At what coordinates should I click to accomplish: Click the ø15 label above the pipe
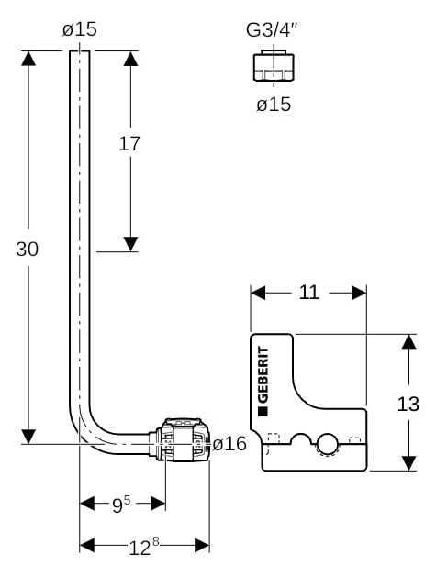point(80,29)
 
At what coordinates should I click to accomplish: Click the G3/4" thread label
point(272,29)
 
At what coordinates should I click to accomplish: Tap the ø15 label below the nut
point(274,105)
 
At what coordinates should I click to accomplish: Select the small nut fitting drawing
point(274,65)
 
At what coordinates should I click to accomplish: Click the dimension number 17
point(129,143)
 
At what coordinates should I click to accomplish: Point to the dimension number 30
point(27,250)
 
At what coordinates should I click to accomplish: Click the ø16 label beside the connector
point(229,443)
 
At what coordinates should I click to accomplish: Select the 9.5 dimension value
point(121,505)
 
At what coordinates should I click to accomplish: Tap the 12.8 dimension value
point(144,546)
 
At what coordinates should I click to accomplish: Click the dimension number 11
point(308,293)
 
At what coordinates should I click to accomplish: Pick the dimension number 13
point(408,404)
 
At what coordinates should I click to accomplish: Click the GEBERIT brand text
point(263,374)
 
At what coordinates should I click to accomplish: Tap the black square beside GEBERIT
point(263,411)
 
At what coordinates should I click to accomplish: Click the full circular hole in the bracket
point(327,444)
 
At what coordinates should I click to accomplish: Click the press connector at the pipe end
point(180,439)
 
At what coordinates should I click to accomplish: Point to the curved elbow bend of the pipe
point(87,432)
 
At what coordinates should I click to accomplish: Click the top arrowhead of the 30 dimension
point(28,59)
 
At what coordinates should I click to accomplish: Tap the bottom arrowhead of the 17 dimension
point(130,244)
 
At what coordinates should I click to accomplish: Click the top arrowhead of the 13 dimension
point(408,341)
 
